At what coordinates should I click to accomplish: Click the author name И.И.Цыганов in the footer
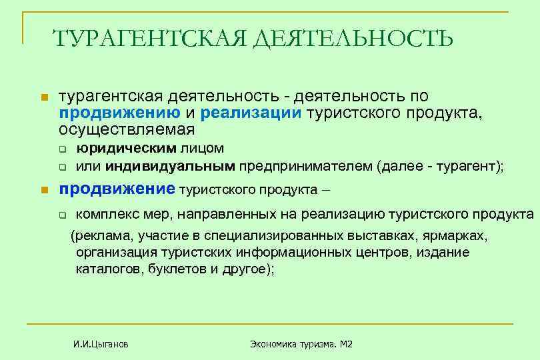pyautogui.click(x=101, y=344)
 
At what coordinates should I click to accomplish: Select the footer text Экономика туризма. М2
pyautogui.click(x=301, y=344)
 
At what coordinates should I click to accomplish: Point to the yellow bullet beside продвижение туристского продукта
pyautogui.click(x=44, y=191)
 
